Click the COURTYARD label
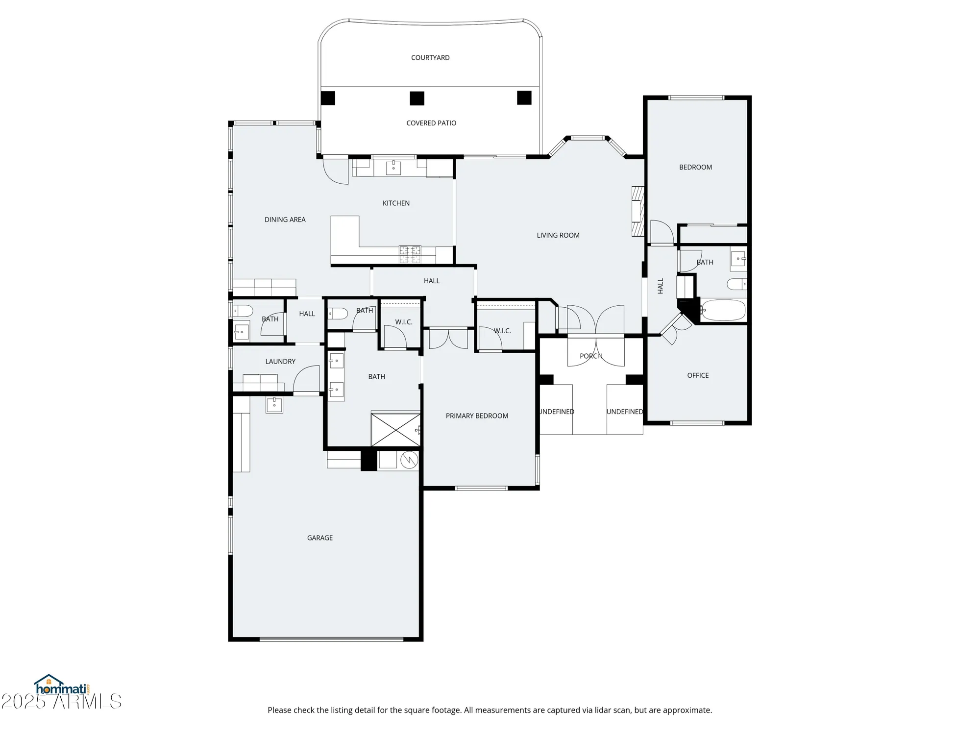(430, 58)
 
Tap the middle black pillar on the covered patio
(417, 98)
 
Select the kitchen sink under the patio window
(393, 168)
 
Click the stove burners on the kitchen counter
(410, 253)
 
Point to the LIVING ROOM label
(558, 235)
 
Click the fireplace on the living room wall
(637, 211)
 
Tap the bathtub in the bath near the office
(723, 310)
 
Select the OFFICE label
(698, 375)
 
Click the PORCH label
(590, 356)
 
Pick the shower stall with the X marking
(395, 430)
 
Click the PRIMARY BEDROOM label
(477, 416)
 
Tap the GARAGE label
(320, 538)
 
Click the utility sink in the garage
(274, 405)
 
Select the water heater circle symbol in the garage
(409, 460)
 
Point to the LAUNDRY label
(280, 362)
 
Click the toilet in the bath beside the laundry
(243, 311)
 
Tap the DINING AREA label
(285, 220)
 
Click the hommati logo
(61, 686)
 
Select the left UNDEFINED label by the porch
(557, 412)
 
